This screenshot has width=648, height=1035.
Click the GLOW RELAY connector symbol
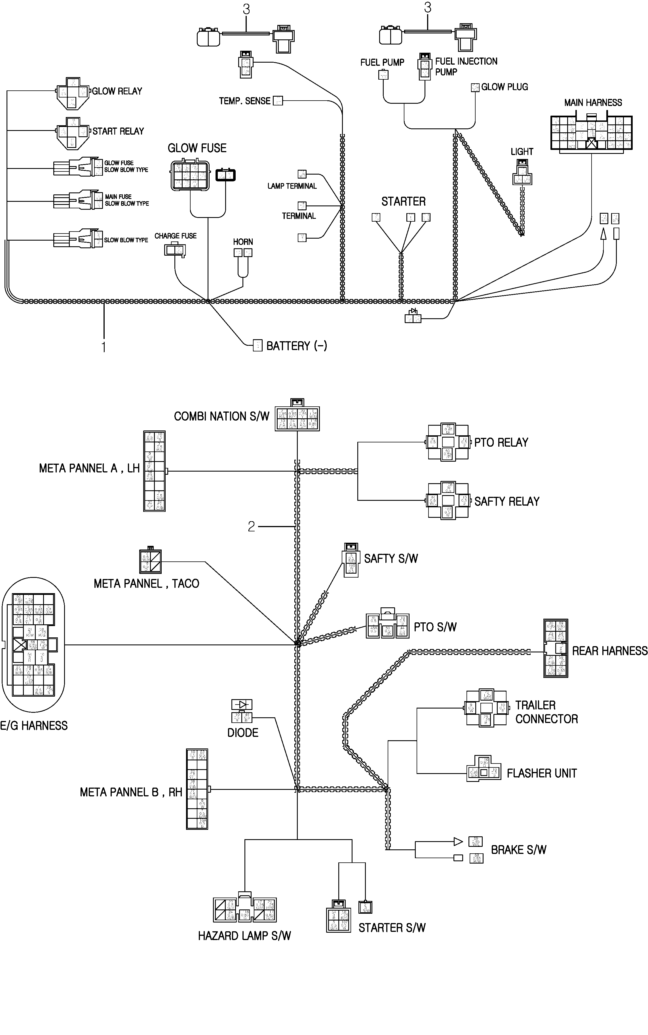pos(72,93)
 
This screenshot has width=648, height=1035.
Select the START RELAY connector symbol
pos(72,133)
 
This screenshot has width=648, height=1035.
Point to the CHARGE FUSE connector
pos(175,250)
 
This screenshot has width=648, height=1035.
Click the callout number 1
pos(103,347)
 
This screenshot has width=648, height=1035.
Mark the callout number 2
pos(251,526)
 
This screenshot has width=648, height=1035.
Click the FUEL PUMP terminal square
pos(383,75)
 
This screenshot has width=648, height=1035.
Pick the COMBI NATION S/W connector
pos(297,418)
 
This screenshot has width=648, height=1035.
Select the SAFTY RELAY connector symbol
pos(448,500)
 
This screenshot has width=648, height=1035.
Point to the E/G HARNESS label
pos(34,726)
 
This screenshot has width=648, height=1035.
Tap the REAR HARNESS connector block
pos(556,648)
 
